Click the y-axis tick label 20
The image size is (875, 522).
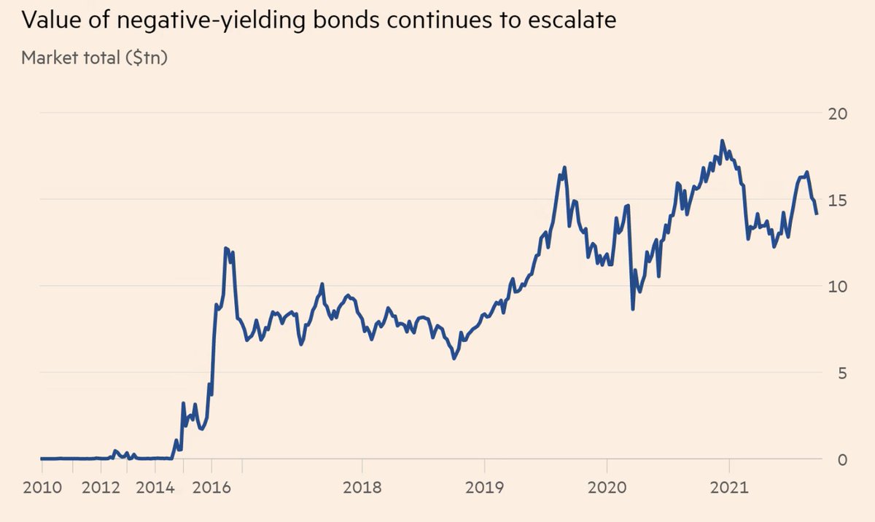click(839, 114)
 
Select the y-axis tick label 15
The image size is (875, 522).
click(839, 200)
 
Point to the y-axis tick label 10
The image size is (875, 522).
click(839, 286)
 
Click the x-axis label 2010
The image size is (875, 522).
click(40, 488)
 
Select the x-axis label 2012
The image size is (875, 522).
click(101, 488)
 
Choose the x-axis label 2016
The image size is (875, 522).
click(211, 488)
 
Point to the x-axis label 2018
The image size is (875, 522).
click(362, 488)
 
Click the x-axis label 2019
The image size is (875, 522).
click(484, 488)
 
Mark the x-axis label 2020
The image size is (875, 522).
click(607, 488)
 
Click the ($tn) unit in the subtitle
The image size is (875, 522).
click(148, 58)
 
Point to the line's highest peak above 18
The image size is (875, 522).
click(722, 141)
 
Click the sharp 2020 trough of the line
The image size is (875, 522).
click(633, 309)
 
